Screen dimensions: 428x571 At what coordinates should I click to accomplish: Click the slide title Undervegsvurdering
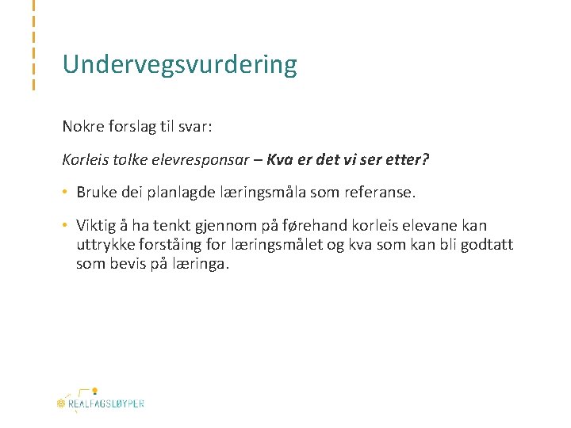(180, 65)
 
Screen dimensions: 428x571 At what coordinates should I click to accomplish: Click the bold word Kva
(282, 159)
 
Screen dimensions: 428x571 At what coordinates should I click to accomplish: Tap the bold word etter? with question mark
(408, 159)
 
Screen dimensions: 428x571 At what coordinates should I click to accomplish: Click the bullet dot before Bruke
(66, 193)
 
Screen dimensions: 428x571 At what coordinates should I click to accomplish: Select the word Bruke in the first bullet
(96, 193)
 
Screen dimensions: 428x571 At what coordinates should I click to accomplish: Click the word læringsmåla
(265, 193)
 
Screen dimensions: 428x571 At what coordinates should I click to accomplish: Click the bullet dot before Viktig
(66, 226)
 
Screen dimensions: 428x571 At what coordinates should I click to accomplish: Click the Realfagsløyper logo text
(106, 403)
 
